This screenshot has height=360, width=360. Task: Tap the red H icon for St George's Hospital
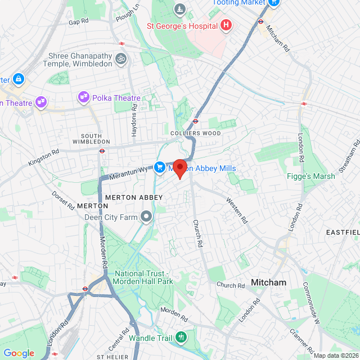click(x=226, y=25)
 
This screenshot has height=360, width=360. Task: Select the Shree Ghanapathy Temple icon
click(x=120, y=58)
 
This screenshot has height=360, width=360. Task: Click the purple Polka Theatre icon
click(x=84, y=98)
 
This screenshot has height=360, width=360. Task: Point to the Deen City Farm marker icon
click(x=147, y=217)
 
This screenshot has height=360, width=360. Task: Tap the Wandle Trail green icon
click(x=181, y=337)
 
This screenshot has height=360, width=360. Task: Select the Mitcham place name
click(x=268, y=282)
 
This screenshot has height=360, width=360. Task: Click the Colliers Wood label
click(x=195, y=133)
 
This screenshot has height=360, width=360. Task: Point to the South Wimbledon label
click(x=91, y=138)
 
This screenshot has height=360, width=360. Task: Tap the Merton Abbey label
click(x=134, y=197)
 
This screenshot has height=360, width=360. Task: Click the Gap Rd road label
click(x=79, y=21)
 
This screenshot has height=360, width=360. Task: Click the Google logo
click(x=19, y=353)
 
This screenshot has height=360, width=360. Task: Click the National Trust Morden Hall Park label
click(x=145, y=278)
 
